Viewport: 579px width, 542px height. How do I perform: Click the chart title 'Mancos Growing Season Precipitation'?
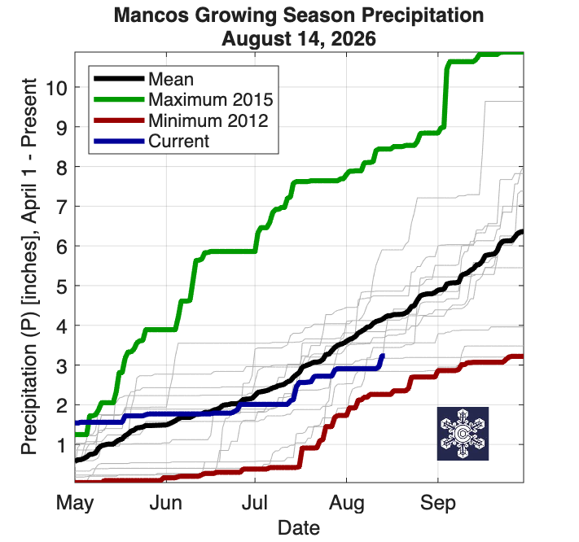299,15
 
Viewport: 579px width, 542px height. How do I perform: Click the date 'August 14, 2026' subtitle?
299,39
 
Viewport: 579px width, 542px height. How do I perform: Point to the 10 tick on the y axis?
56,88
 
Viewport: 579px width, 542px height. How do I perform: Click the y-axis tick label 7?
62,207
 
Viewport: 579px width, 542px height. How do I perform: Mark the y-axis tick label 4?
62,326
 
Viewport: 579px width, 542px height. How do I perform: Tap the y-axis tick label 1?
62,445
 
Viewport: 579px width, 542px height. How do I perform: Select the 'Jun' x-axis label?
166,503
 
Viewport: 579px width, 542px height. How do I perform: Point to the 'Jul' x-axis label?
255,503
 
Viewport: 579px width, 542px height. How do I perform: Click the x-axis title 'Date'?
299,527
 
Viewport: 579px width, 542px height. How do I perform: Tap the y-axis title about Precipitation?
29,266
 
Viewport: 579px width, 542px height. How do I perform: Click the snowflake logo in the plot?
463,434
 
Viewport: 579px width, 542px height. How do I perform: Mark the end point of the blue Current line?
383,356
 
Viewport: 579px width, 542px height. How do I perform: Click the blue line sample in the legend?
119,142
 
